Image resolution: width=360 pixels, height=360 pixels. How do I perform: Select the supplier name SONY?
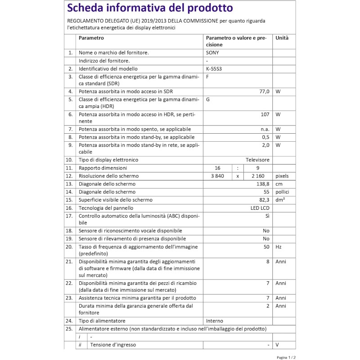pos(213,53)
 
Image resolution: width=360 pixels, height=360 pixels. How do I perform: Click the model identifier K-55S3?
pos(214,69)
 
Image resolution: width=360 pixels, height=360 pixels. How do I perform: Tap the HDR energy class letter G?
pos(208,99)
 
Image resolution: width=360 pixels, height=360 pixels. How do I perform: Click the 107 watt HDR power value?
pos(265,114)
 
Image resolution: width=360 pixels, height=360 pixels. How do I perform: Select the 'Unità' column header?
pos(282,38)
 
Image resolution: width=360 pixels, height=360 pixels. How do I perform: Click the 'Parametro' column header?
pos(91,38)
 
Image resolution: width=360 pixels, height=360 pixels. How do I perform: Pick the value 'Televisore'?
pos(257,160)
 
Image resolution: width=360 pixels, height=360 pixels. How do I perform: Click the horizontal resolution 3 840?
pos(217,176)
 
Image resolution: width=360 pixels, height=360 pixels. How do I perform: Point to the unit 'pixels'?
pos(282,176)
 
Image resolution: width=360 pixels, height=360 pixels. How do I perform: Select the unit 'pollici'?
pos(283,192)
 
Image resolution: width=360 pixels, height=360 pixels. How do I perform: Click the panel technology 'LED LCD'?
pos(260,208)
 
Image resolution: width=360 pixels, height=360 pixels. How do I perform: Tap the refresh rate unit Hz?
pos(279,247)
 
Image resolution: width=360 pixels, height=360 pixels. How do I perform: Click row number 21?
pos(69,261)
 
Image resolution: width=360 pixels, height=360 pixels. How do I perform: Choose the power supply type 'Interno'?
pos(215,321)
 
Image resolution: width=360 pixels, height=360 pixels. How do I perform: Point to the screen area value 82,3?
pos(263,200)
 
